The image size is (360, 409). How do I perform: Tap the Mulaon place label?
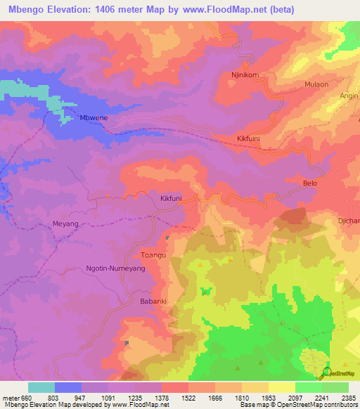(x=315, y=84)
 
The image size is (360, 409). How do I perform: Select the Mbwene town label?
(x=94, y=118)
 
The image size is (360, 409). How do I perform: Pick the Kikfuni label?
(x=171, y=199)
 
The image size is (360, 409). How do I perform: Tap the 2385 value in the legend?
(x=348, y=398)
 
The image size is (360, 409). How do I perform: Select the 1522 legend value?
(x=189, y=398)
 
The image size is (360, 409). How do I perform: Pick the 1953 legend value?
(x=269, y=398)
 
